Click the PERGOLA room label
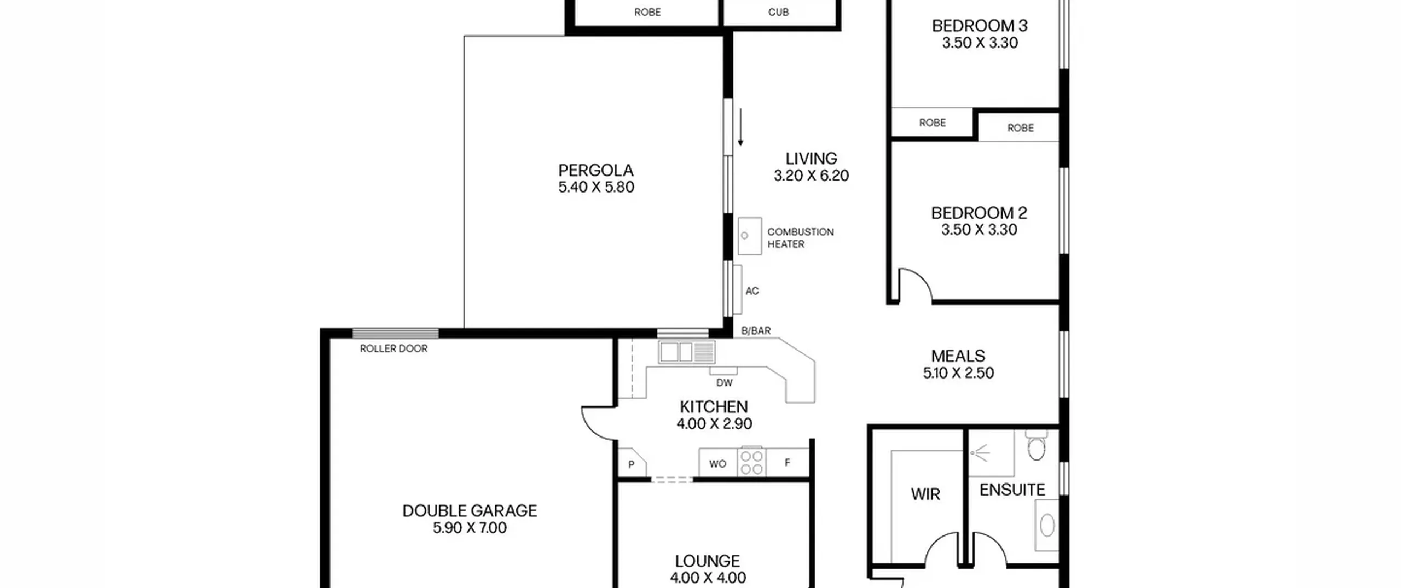pos(596,170)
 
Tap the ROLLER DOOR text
pos(393,348)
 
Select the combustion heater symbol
pos(750,236)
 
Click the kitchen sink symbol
pos(687,352)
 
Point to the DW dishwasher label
pos(724,383)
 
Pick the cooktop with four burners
pos(752,462)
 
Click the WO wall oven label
pos(717,464)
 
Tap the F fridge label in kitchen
pos(788,463)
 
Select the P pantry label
pos(632,465)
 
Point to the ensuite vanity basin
pos(1047,526)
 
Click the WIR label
pos(925,494)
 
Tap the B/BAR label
pos(756,330)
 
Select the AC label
pos(752,291)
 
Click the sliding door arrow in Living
pos(740,127)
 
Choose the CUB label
pos(778,12)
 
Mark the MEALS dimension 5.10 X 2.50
pos(958,373)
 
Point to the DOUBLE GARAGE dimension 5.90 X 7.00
pos(470,528)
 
